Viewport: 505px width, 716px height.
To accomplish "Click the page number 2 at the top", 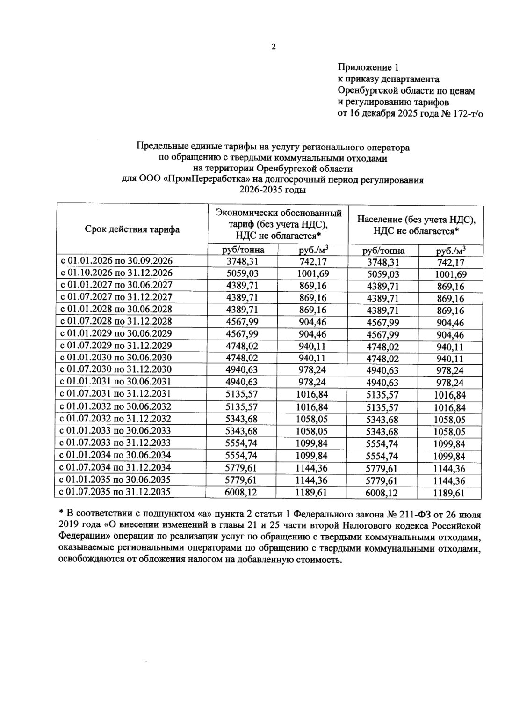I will pyautogui.click(x=274, y=46).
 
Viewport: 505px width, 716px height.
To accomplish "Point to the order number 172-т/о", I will pyautogui.click(x=465, y=114).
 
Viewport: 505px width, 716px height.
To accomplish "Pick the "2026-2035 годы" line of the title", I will pyautogui.click(x=273, y=190).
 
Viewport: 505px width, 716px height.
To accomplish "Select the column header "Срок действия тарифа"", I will pyautogui.click(x=132, y=229).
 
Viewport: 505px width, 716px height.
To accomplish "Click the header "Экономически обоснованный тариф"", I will pyautogui.click(x=278, y=213).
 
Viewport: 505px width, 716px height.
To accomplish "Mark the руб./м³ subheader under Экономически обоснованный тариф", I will pyautogui.click(x=313, y=250).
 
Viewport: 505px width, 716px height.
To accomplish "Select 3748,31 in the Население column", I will pyautogui.click(x=383, y=263).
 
